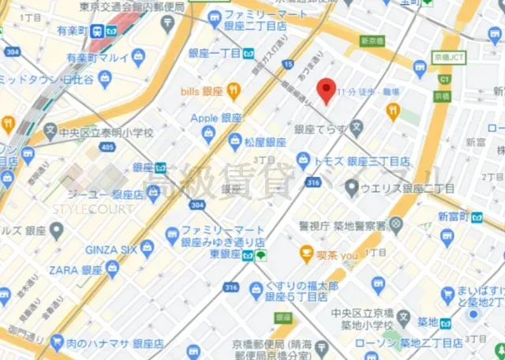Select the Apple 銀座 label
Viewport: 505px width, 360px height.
point(216,118)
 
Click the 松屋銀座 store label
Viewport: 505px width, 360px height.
point(264,142)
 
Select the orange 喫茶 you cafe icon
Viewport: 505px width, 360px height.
point(307,255)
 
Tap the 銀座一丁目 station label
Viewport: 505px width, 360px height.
point(215,54)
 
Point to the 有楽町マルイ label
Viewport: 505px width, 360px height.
point(97,58)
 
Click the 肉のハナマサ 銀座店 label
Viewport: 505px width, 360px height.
point(117,343)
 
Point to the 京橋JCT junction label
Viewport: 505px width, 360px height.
point(450,58)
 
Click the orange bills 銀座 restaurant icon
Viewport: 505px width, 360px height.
point(234,92)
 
